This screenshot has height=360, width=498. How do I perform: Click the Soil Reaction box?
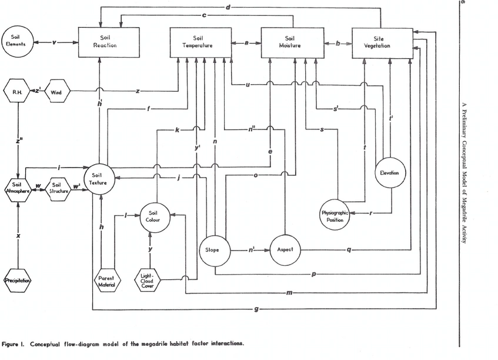pos(101,42)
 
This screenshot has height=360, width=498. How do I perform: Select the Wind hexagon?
pos(57,92)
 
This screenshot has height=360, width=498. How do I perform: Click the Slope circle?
pos(212,250)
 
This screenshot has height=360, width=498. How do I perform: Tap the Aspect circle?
pos(285,250)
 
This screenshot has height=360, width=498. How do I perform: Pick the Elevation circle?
pos(389,173)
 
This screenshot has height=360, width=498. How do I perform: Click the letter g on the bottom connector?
pos(256,309)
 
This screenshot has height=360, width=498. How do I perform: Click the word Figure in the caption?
pos(14,344)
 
